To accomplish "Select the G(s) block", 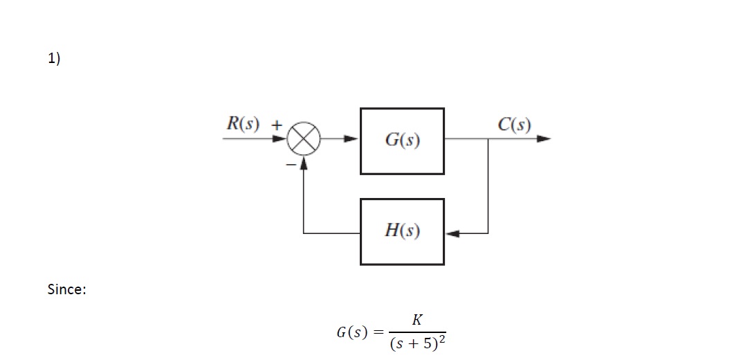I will tap(402, 141).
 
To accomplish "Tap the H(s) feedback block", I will tap(402, 231).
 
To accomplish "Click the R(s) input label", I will tap(243, 125).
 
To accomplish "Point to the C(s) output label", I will tap(514, 125).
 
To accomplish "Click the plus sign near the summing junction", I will tap(277, 126).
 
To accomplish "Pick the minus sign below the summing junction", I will tap(291, 163).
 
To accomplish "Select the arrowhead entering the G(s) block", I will tap(352, 138).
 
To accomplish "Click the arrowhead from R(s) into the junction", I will tap(280, 138).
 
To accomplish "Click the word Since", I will tap(66, 289).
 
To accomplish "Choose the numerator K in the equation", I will tap(417, 320).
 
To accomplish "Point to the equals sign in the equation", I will tap(378, 332).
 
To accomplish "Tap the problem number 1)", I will tap(54, 59).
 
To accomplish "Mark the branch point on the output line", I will tap(488, 138).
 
